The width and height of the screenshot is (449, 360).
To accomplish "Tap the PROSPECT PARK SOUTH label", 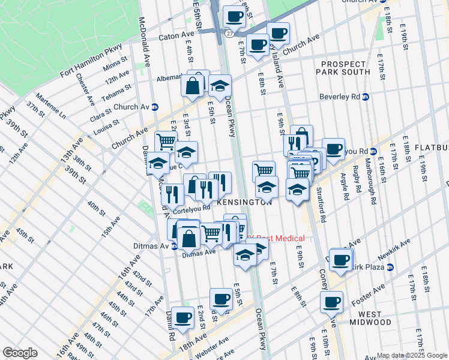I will coord(343,68).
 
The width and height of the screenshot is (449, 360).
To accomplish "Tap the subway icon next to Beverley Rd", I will coord(365,97).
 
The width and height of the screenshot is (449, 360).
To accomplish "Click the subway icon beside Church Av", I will coord(154,107).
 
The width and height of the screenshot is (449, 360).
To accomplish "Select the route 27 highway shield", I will coord(230,34).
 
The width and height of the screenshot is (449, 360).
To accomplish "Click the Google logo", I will coord(20,353).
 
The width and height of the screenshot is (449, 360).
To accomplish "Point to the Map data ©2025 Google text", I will coord(411,355).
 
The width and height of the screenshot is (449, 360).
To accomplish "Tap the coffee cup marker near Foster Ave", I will coord(331,303).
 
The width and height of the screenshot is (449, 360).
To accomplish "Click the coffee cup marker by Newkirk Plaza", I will coord(340,260).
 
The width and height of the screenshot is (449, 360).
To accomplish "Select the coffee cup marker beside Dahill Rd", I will coord(182,317).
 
